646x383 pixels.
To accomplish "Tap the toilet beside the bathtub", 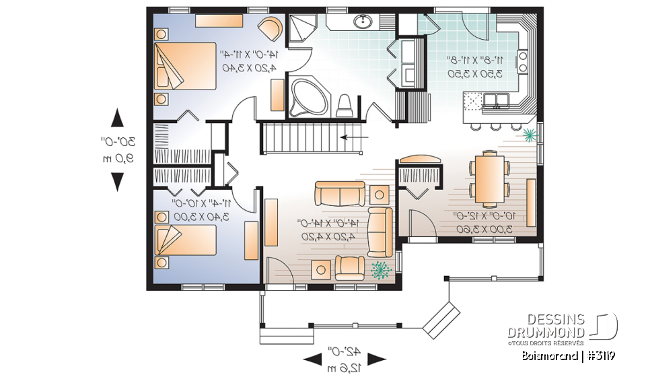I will click(x=345, y=104).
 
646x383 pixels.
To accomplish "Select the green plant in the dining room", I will click(x=530, y=135).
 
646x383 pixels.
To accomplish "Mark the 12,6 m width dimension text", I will click(x=344, y=368).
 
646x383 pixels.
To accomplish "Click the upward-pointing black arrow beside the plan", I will click(x=116, y=118).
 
